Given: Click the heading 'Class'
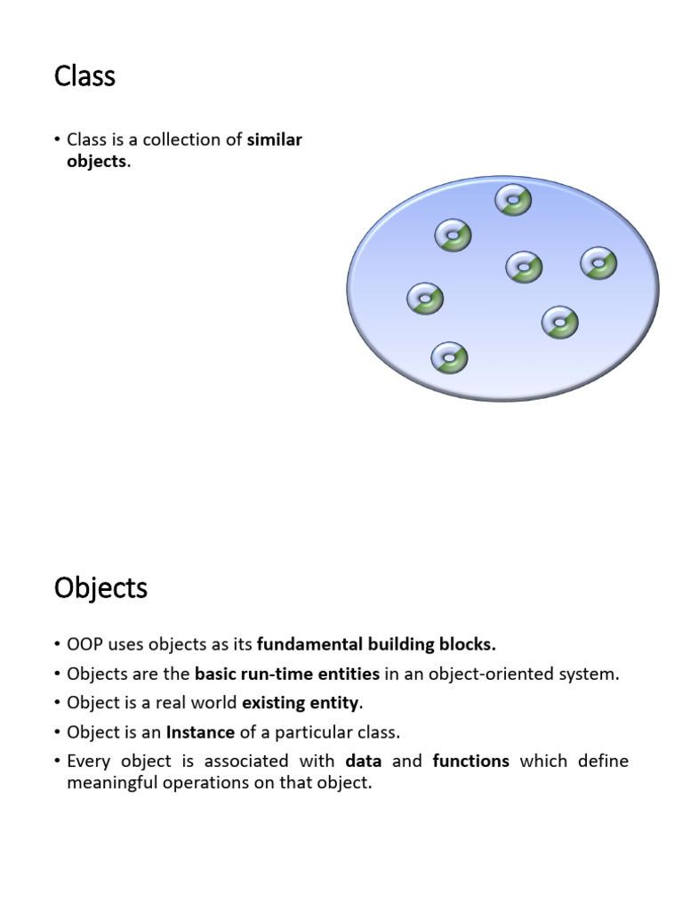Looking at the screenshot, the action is tap(84, 76).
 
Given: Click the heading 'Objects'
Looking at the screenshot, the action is tap(100, 588).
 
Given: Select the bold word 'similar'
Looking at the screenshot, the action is tap(275, 140).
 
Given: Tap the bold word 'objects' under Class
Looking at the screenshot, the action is tap(97, 162).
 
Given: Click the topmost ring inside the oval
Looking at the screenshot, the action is tap(513, 200).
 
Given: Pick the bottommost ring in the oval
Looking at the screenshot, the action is tap(449, 358).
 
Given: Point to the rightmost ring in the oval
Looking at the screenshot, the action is tap(599, 263).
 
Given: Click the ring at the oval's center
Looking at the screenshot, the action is tap(524, 267).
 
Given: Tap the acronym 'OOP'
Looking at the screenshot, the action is tap(84, 643).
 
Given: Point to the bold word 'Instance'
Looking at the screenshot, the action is tap(200, 732).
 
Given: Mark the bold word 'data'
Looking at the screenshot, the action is tap(363, 761).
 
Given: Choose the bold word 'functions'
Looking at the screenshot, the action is tap(470, 761).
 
